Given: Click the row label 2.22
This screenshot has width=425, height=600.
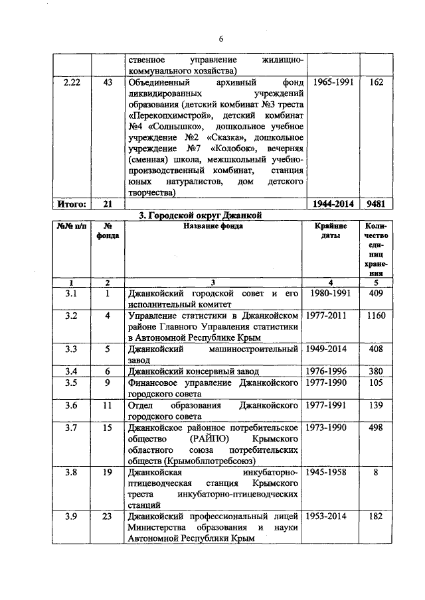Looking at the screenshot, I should pos(72,82).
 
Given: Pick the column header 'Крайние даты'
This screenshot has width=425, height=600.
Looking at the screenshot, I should pos(330,231).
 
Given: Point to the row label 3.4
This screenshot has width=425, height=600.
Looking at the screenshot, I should pos(72,371).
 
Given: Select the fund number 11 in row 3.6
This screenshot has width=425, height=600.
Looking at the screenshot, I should pos(106,405).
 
